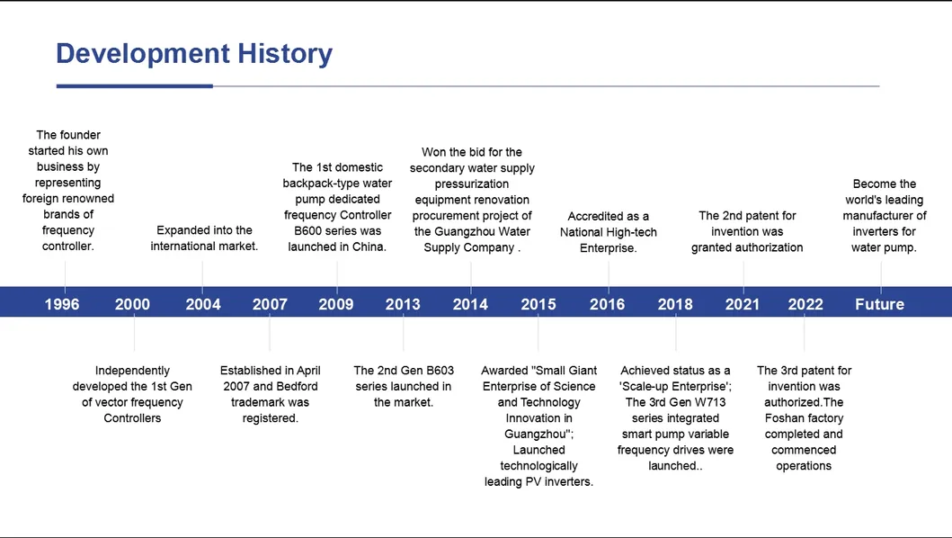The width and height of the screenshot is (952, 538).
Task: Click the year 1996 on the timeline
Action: tap(62, 304)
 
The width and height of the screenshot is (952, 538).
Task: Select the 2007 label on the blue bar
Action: tap(270, 304)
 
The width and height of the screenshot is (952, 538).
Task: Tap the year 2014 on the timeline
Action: tap(470, 304)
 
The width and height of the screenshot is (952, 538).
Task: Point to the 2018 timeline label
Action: tap(675, 304)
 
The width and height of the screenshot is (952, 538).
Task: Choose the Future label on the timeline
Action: tap(880, 304)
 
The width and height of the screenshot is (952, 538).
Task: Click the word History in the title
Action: tap(285, 53)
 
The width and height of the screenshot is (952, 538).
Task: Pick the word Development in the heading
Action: tap(143, 54)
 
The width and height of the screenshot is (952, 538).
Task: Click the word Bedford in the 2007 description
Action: tap(298, 386)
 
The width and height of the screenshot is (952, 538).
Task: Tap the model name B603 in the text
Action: tap(440, 371)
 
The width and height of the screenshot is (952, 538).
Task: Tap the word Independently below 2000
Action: tap(132, 371)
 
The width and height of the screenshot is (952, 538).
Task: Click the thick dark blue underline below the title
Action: tap(135, 86)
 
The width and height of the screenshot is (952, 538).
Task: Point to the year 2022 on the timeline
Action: tap(805, 304)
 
